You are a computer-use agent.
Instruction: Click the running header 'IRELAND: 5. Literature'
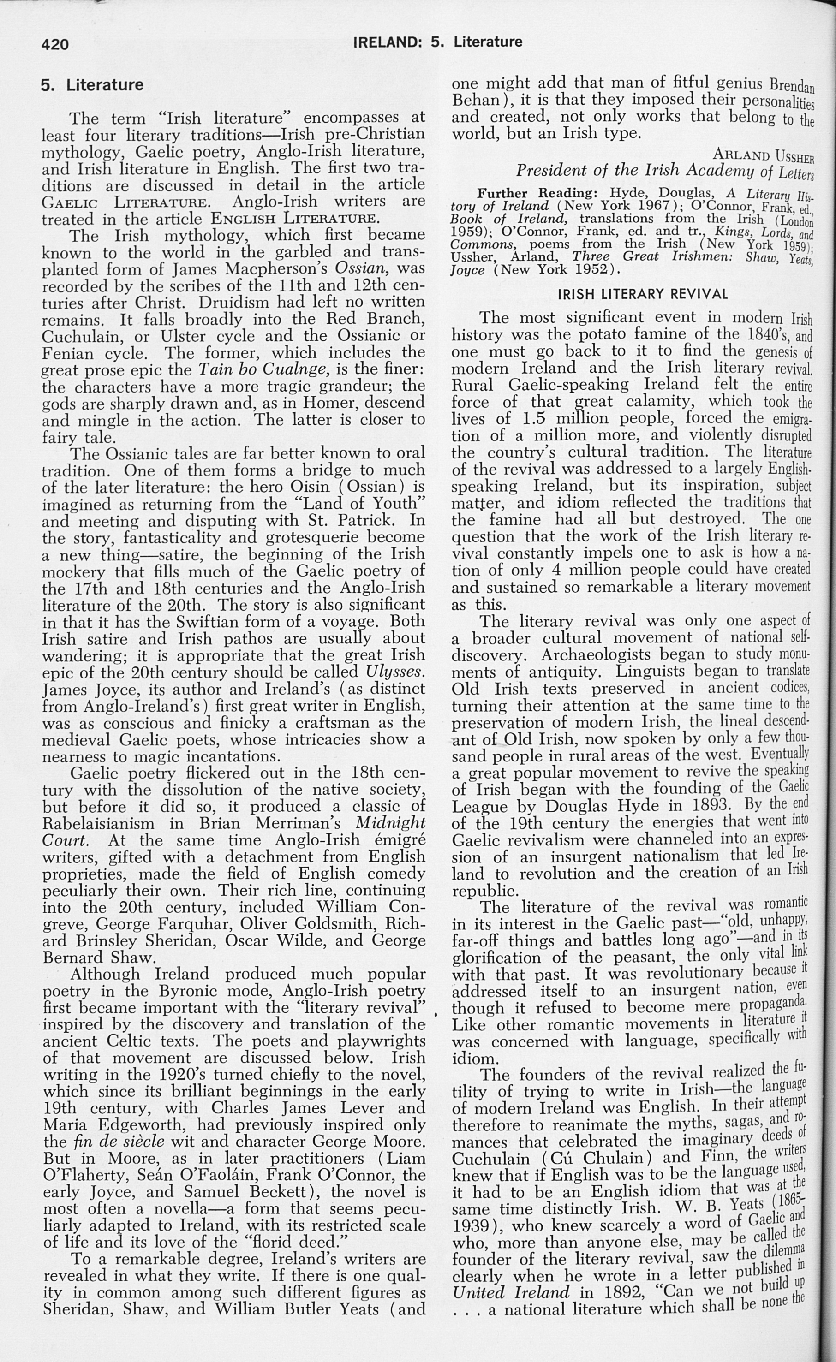(437, 42)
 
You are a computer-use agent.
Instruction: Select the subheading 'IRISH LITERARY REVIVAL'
(643, 294)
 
